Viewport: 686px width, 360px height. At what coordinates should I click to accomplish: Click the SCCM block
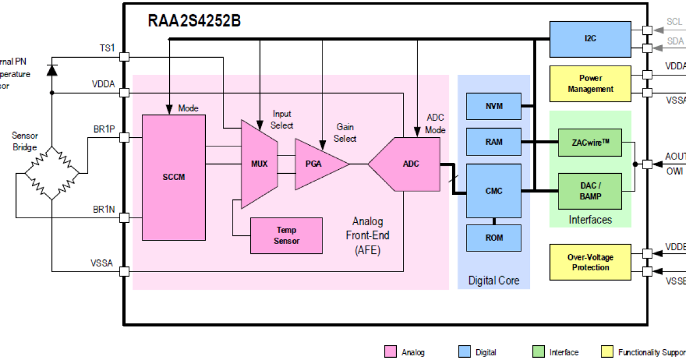(173, 177)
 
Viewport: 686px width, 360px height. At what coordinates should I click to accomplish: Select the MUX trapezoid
(259, 164)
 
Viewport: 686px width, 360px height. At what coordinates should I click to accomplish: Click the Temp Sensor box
(286, 235)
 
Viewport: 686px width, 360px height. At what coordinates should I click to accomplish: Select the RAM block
(493, 142)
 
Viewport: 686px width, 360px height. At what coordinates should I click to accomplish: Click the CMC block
(493, 191)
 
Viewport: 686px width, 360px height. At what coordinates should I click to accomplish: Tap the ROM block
(493, 238)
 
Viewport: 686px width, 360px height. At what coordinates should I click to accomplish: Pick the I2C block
(590, 39)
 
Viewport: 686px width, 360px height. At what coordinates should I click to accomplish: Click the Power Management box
(590, 83)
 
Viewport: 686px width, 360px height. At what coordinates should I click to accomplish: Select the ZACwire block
(590, 142)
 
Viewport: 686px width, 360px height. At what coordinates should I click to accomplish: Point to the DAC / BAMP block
(590, 191)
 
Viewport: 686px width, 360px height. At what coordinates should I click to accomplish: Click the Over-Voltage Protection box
(590, 262)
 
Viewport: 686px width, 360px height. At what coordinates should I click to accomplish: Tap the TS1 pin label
(107, 49)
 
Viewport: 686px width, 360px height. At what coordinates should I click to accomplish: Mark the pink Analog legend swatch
(391, 352)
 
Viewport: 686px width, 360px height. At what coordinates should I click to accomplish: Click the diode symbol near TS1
(52, 70)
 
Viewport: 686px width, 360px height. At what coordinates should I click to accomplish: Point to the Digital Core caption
(494, 281)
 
